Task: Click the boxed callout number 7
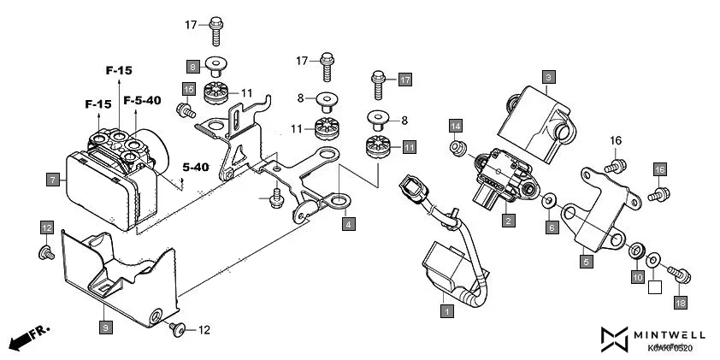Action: coord(53,180)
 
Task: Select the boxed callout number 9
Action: coord(105,327)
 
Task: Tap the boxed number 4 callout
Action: coord(348,224)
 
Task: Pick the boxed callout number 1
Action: coord(446,311)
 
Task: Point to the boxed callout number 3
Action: coord(549,77)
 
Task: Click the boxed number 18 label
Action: coord(681,303)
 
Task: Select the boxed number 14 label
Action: coord(456,126)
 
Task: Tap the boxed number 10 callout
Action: coord(637,277)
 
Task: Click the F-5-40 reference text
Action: coord(142,101)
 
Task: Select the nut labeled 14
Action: coord(457,148)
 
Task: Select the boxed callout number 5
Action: coord(586,262)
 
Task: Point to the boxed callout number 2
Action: coord(509,221)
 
